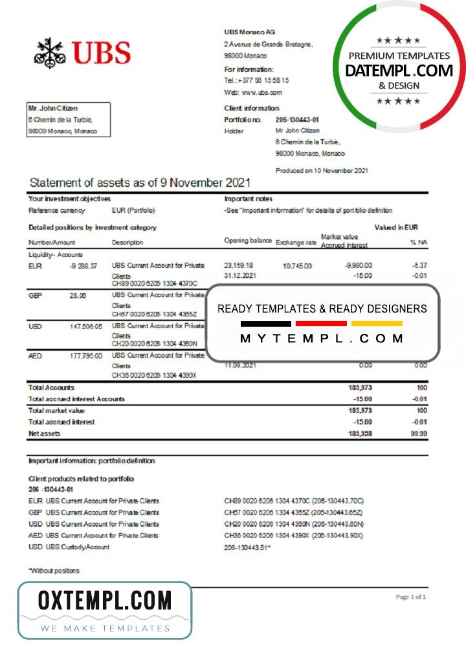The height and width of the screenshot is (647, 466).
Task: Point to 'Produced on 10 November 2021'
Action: pyautogui.click(x=322, y=170)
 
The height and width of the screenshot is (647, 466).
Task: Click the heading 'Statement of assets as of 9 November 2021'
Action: pyautogui.click(x=140, y=183)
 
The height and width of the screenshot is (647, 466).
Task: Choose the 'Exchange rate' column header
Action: pyautogui.click(x=296, y=243)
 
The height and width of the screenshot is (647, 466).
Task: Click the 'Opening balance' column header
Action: pyautogui.click(x=247, y=241)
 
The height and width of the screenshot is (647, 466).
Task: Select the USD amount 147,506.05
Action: pyautogui.click(x=85, y=326)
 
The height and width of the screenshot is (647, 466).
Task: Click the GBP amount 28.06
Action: pyautogui.click(x=77, y=295)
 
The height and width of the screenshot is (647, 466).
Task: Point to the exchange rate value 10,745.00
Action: pyautogui.click(x=297, y=266)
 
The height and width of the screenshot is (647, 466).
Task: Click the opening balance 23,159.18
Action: pyautogui.click(x=239, y=265)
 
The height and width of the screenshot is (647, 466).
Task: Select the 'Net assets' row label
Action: pyautogui.click(x=45, y=433)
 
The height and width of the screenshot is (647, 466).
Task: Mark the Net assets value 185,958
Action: pyautogui.click(x=360, y=433)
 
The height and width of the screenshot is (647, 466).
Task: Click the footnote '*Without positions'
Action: pyautogui.click(x=54, y=571)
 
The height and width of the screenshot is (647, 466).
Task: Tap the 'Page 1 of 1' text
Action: pyautogui.click(x=410, y=597)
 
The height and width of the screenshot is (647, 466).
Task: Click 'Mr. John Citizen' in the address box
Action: pyautogui.click(x=52, y=109)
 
